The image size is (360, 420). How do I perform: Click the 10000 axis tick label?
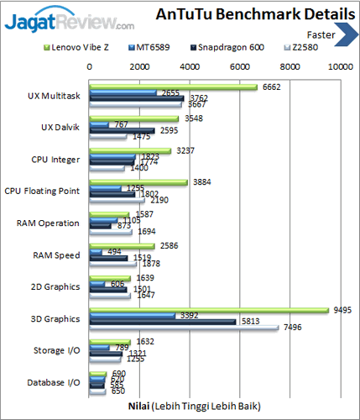340,65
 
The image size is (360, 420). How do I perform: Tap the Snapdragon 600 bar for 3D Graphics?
163,321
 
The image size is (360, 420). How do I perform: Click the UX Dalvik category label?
61,127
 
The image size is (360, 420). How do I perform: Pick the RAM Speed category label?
56,255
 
